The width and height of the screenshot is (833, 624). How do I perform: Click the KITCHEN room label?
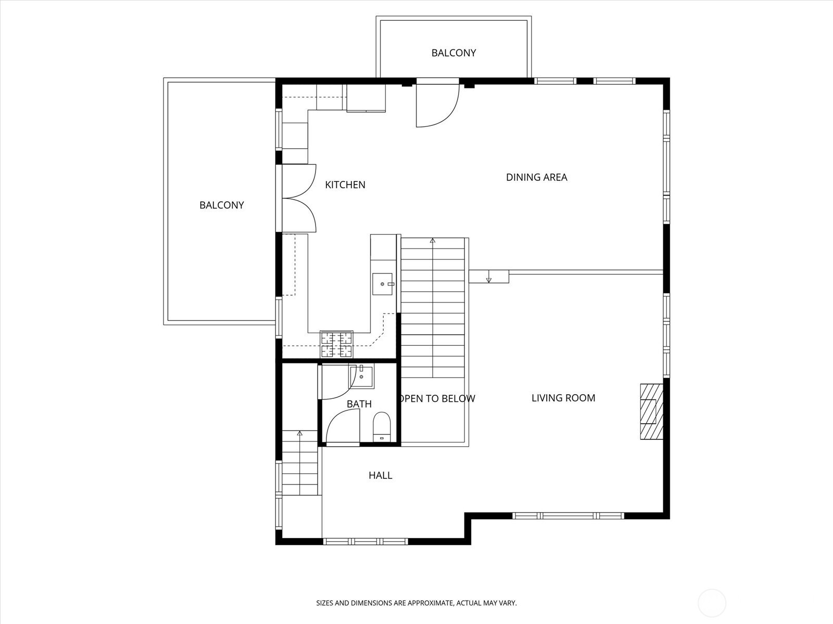[345, 185]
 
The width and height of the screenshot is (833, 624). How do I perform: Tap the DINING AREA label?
[537, 177]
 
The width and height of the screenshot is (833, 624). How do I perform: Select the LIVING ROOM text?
[563, 398]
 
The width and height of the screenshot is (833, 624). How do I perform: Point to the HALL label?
[380, 475]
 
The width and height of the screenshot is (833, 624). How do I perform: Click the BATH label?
[359, 404]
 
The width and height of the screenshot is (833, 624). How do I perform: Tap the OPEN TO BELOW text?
[437, 398]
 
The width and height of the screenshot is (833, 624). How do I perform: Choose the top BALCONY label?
[453, 53]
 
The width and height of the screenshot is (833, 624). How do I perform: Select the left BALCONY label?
[222, 205]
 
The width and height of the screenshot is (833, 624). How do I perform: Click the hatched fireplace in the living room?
[652, 411]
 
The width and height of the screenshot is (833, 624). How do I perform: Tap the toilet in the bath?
[382, 426]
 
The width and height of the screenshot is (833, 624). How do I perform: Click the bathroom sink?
[361, 376]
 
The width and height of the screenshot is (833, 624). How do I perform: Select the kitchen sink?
[383, 284]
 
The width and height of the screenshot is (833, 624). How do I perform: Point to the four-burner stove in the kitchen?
[337, 344]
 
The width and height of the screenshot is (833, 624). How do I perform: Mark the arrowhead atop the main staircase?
[432, 240]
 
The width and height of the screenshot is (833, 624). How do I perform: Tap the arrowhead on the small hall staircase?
[300, 433]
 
